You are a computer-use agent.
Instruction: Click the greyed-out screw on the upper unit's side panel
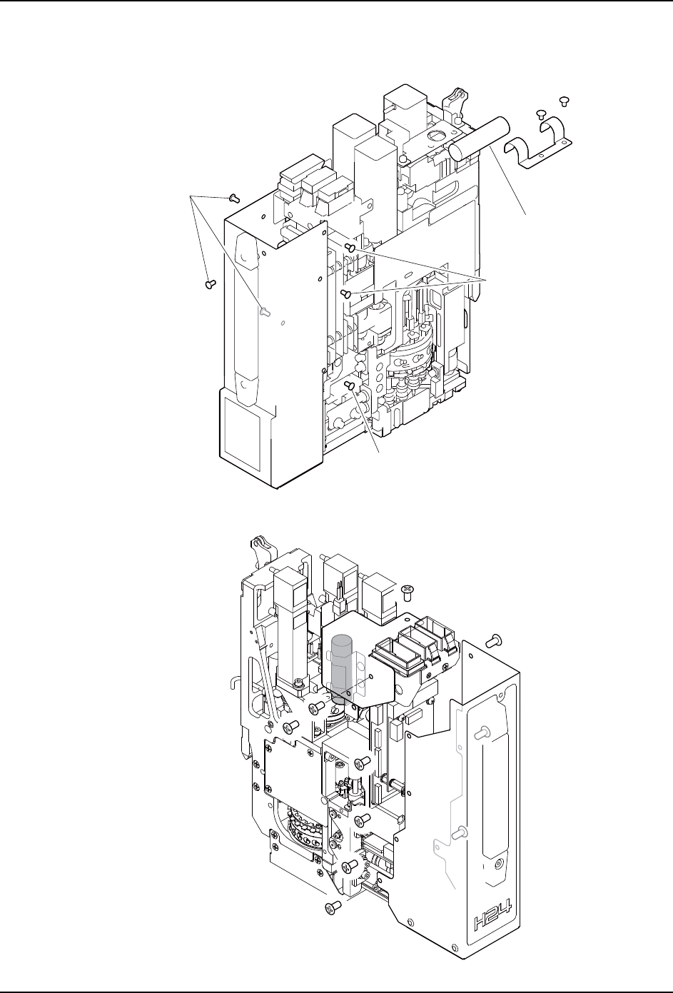[265, 312]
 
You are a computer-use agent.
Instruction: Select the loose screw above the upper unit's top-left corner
[235, 197]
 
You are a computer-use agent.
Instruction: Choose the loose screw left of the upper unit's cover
[210, 283]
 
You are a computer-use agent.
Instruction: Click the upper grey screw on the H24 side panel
[485, 731]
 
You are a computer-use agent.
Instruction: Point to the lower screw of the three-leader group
[345, 293]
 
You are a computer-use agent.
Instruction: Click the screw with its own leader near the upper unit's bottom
[350, 385]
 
